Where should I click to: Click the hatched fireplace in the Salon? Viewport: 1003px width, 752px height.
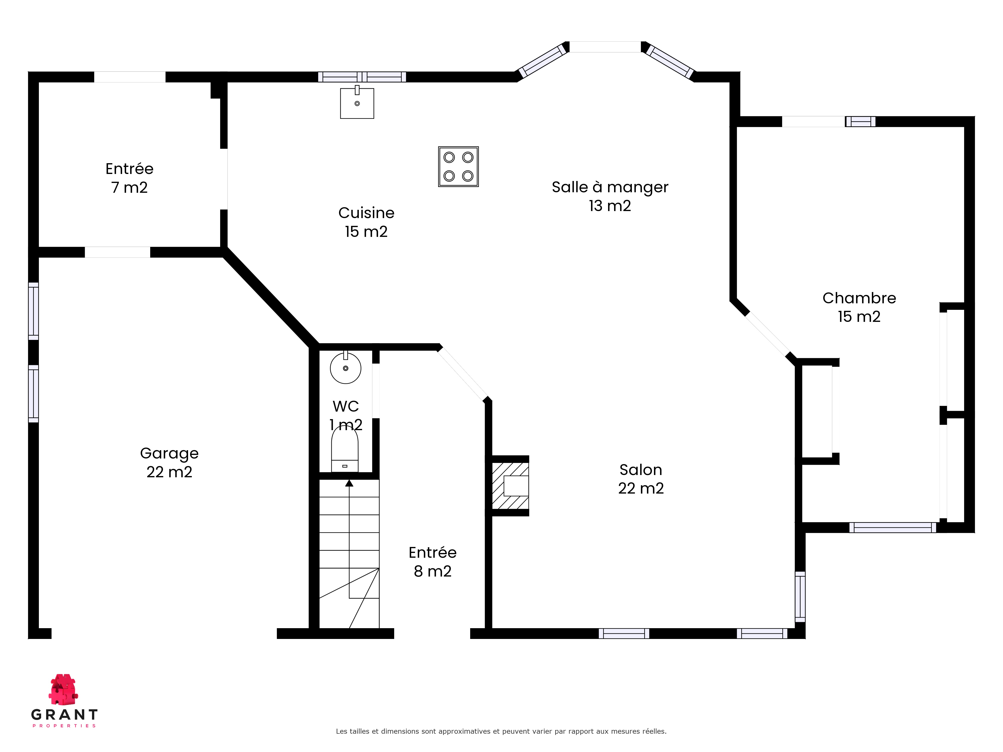point(510,486)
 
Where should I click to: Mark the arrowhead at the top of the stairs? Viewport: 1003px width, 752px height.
point(349,483)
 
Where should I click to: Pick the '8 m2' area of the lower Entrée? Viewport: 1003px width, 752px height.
point(433,571)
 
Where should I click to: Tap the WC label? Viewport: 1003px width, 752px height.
point(346,406)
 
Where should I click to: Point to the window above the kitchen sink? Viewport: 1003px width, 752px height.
point(362,77)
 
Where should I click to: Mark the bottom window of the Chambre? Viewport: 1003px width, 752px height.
point(892,527)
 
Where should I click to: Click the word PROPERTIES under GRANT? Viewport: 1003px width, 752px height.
point(64,726)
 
